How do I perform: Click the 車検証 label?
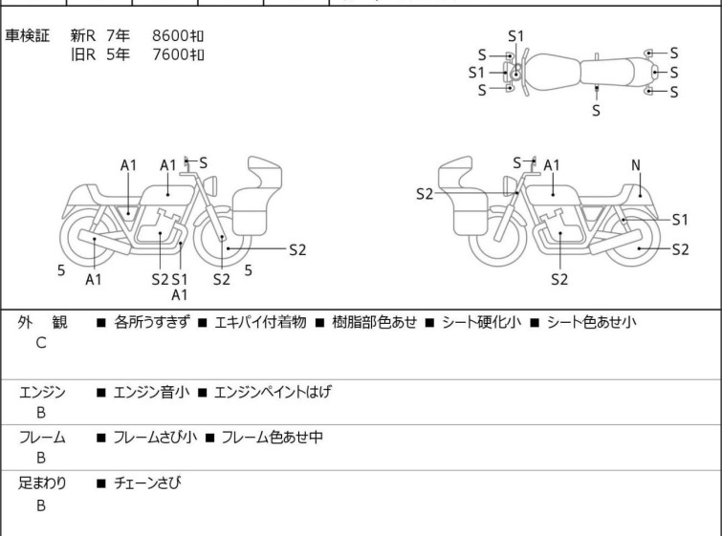click(27, 35)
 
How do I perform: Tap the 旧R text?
click(83, 54)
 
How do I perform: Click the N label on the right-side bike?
click(636, 165)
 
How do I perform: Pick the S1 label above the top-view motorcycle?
click(516, 36)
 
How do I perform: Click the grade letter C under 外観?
click(41, 343)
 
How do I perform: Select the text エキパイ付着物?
click(260, 322)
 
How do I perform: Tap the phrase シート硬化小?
click(482, 322)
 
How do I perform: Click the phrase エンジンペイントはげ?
click(273, 392)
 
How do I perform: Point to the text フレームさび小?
click(155, 437)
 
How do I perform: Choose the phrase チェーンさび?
click(147, 482)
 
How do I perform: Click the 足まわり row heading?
click(42, 482)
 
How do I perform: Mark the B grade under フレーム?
click(41, 459)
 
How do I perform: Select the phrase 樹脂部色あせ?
click(374, 322)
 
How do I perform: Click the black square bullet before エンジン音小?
click(101, 393)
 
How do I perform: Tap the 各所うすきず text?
click(151, 322)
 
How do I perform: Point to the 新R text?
click(83, 35)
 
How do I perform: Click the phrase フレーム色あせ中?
click(273, 437)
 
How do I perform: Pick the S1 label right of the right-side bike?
click(680, 220)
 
